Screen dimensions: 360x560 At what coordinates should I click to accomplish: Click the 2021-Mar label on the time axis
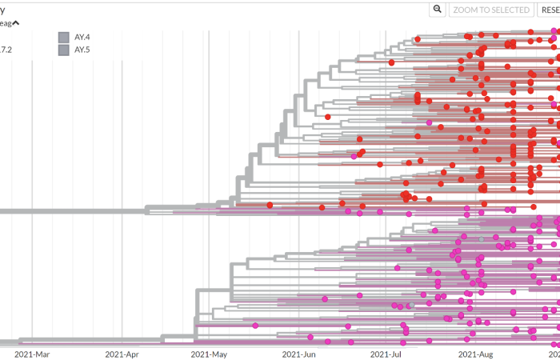point(32,353)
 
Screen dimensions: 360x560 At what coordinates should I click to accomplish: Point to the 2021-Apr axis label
point(121,353)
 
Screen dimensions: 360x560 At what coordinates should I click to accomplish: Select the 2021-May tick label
point(210,353)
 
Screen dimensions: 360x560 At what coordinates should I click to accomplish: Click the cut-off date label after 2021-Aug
point(554,353)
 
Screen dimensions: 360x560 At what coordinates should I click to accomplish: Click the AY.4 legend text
point(83,36)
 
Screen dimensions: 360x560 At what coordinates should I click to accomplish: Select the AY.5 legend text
point(83,50)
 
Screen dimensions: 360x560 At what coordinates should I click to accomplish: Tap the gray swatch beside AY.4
point(63,36)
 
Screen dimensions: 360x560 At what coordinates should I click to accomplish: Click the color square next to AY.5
point(63,50)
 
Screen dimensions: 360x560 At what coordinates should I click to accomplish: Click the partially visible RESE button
point(550,10)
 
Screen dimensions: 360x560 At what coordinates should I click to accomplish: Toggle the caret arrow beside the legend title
point(15,23)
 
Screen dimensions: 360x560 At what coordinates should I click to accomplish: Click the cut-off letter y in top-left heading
point(2,10)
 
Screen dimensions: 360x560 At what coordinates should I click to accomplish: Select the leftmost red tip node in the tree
point(270,205)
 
